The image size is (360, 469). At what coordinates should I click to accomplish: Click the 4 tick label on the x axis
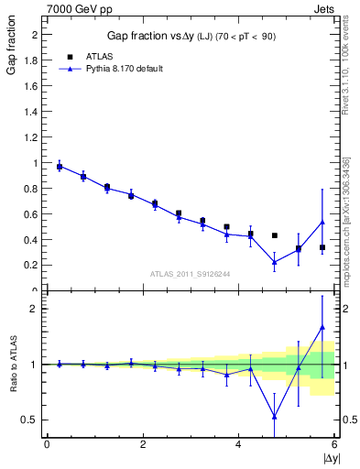[239, 444]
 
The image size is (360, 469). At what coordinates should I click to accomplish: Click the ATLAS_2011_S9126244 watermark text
[190, 274]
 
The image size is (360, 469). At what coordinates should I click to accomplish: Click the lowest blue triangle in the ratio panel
[274, 417]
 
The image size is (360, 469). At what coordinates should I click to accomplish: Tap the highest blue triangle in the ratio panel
[322, 327]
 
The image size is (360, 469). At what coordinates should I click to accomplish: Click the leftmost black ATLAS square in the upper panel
[60, 167]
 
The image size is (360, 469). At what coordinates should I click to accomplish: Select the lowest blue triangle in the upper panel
[274, 263]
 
